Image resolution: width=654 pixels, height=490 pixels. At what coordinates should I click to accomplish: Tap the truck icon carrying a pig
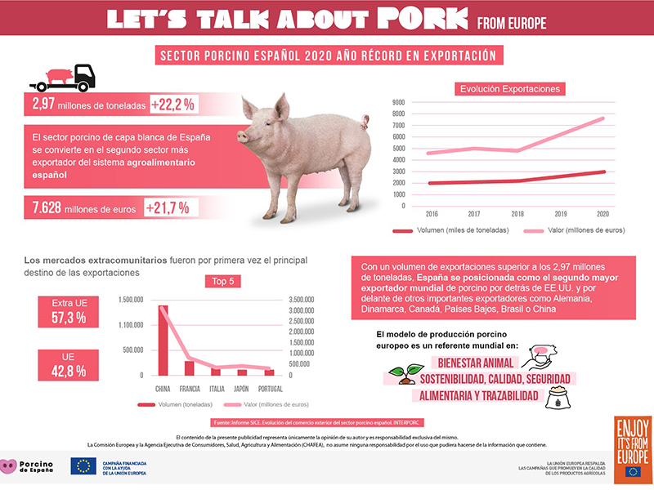[x=63, y=78]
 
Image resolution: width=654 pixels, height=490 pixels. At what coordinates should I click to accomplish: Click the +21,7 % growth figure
[x=168, y=207]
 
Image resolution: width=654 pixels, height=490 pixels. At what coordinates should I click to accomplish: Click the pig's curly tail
[x=363, y=123]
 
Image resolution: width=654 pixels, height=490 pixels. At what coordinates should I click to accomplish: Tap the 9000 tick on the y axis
[x=399, y=103]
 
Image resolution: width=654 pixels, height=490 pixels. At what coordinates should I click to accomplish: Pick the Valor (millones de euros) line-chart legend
[x=576, y=231]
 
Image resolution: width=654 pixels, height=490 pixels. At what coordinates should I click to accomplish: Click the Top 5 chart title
[x=224, y=283]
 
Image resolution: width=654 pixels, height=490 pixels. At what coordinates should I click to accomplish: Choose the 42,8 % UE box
[x=69, y=363]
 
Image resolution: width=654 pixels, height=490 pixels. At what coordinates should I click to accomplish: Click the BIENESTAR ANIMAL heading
[x=475, y=362]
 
